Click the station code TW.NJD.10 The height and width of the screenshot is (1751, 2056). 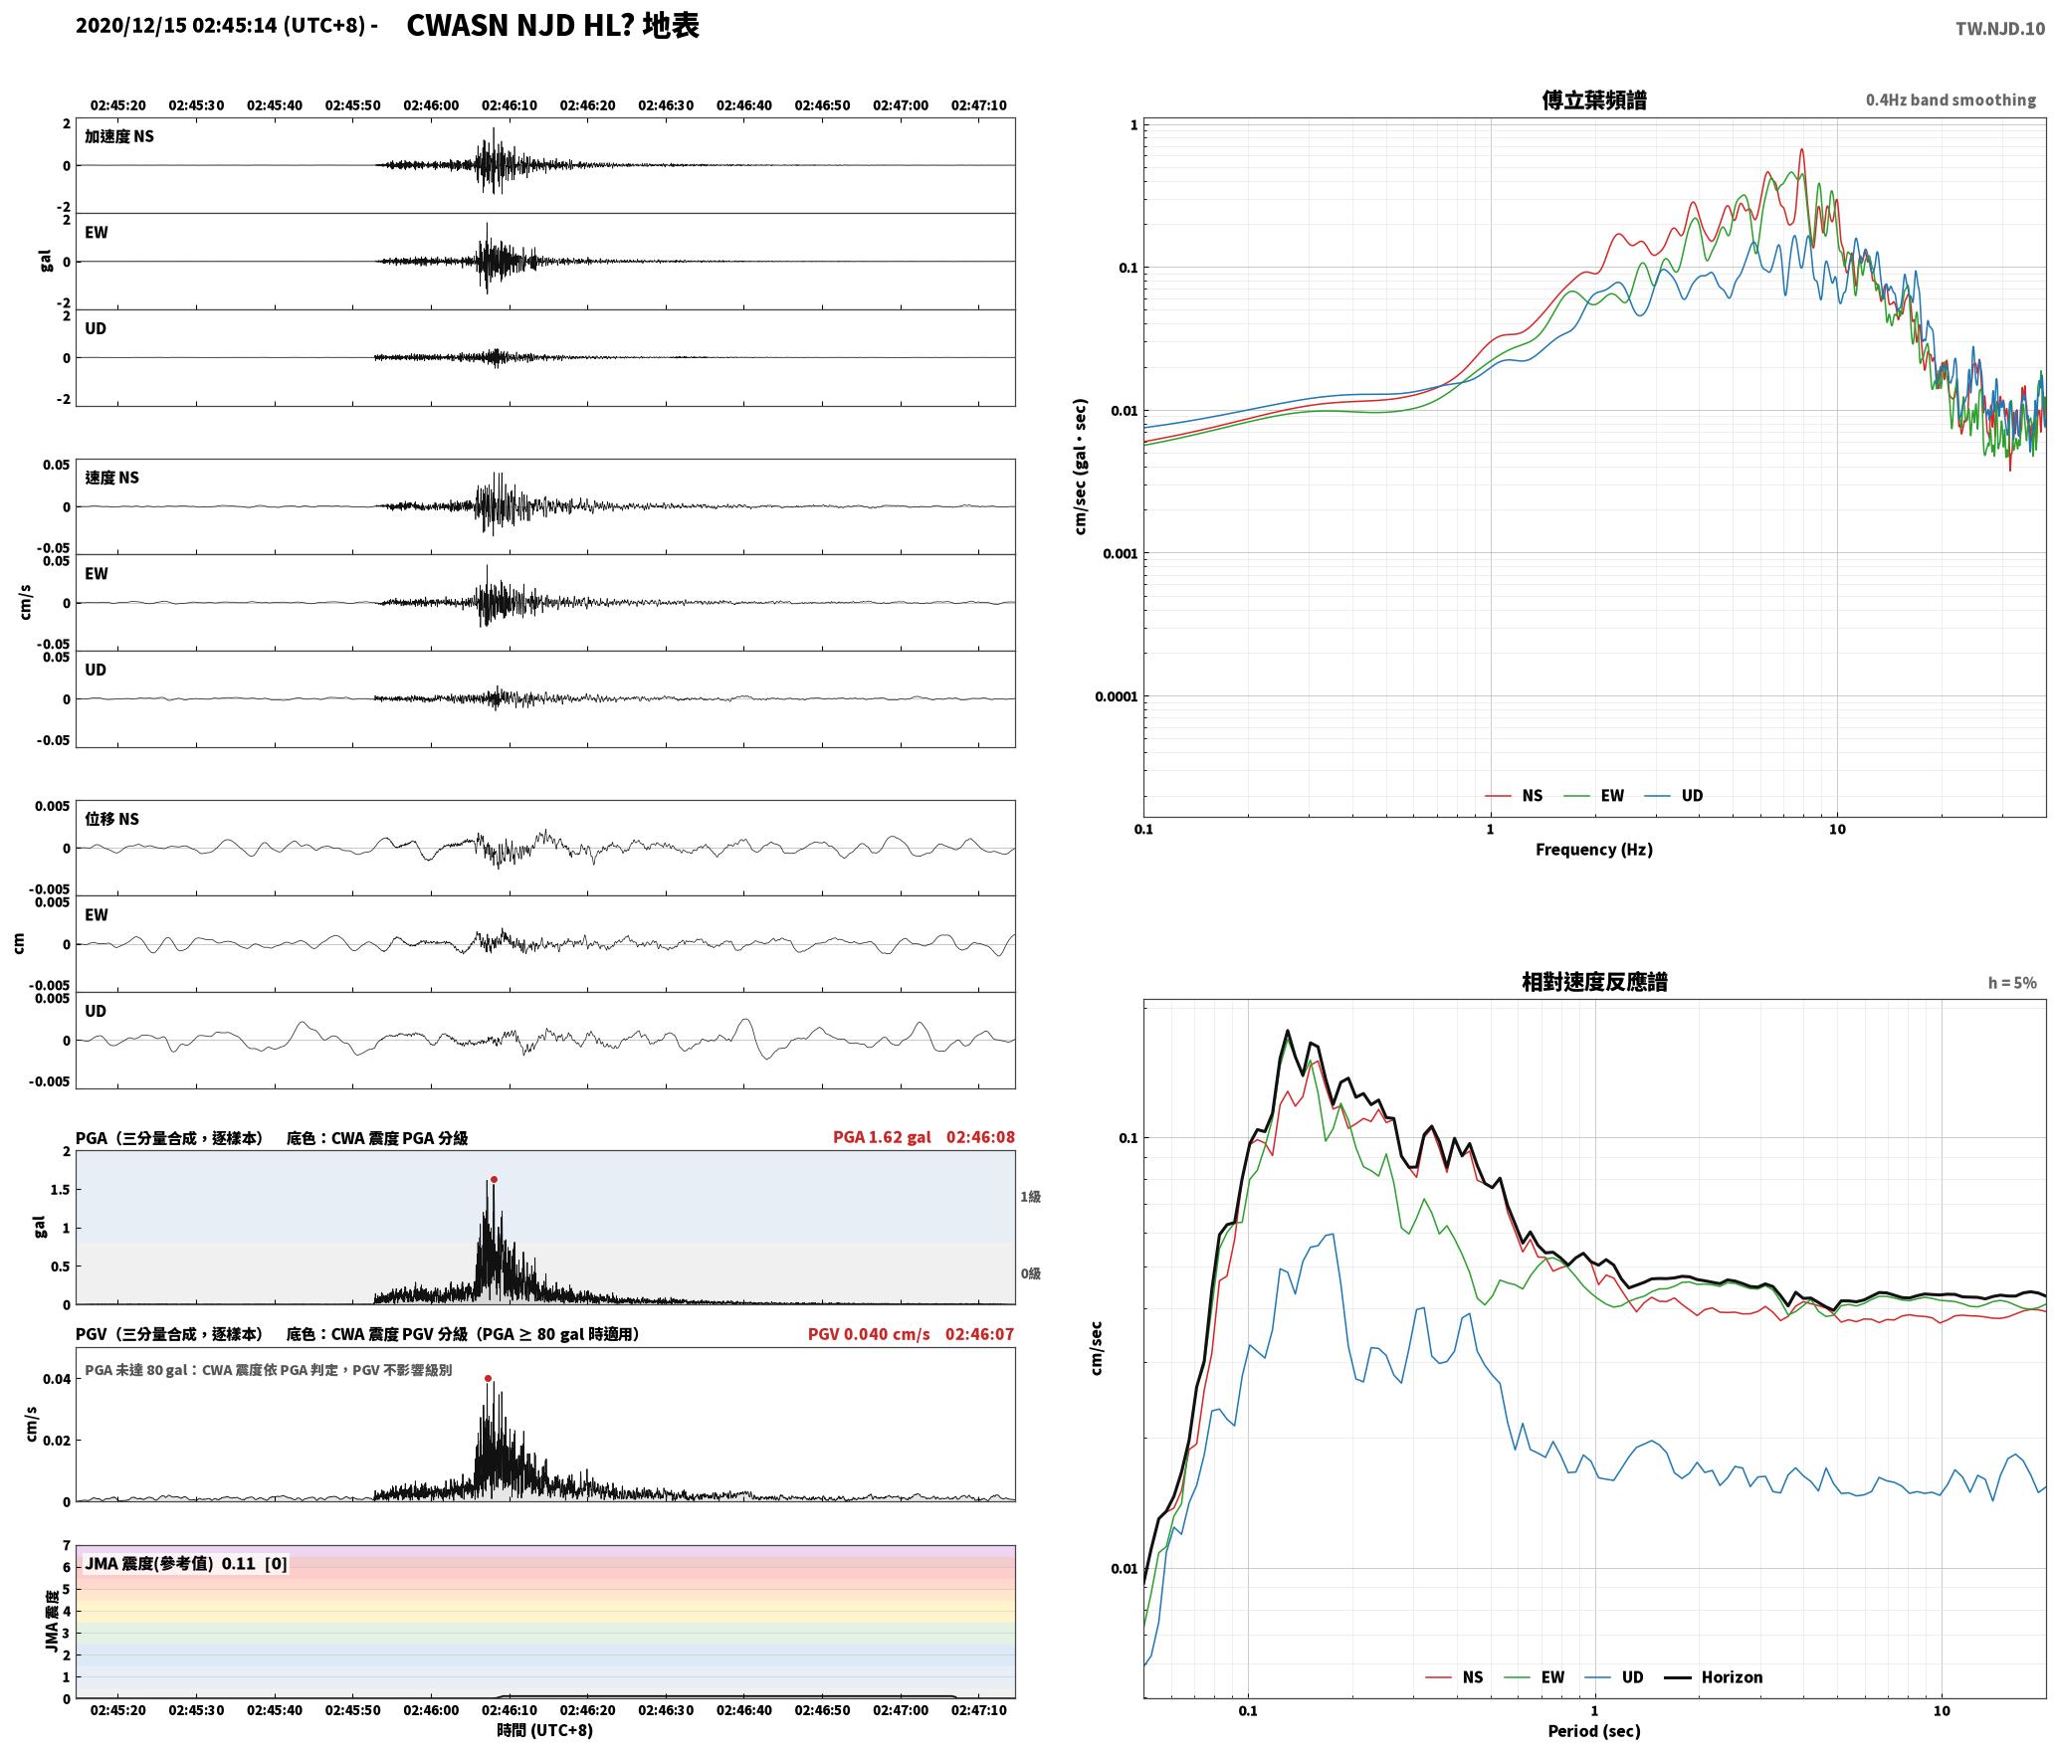click(x=2000, y=29)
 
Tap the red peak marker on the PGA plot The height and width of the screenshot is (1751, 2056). click(x=494, y=1180)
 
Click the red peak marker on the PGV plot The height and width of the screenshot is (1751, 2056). click(x=488, y=1379)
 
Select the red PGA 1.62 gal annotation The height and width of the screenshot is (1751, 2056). click(x=882, y=1137)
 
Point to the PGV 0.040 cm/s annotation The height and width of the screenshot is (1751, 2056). click(x=869, y=1334)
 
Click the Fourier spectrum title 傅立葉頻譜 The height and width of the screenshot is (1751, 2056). click(x=1594, y=100)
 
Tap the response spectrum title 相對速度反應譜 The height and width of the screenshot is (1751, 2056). click(x=1594, y=982)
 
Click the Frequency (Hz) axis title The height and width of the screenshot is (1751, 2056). click(x=1594, y=850)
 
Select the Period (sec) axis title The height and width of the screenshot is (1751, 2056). click(x=1594, y=1731)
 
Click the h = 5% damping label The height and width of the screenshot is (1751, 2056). click(x=2012, y=983)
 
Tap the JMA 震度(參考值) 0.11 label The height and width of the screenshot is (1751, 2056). click(x=186, y=1564)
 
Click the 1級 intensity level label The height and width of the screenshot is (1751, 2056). click(x=1030, y=1197)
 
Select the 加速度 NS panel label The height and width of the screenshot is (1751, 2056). click(x=119, y=136)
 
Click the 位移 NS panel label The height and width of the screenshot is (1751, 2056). click(x=111, y=819)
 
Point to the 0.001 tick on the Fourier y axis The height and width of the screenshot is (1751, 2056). click(x=1120, y=553)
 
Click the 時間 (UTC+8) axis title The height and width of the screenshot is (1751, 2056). click(x=545, y=1730)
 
